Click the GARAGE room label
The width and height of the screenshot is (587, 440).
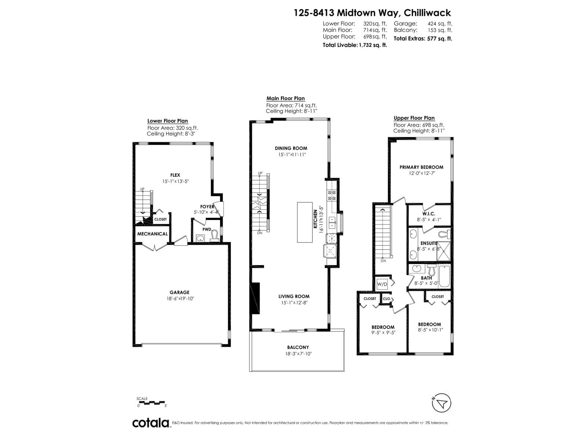(179, 292)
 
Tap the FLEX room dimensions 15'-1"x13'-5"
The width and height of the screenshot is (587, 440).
(175, 181)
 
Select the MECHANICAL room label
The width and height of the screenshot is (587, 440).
(152, 234)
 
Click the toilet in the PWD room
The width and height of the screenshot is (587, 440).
(214, 235)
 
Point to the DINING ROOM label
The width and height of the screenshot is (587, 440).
(291, 148)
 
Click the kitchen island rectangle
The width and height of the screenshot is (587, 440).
(305, 222)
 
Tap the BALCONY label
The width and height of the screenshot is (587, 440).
(298, 347)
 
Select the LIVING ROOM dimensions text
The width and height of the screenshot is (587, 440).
(293, 302)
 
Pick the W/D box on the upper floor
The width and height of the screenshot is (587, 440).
(382, 284)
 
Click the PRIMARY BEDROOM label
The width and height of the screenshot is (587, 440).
(421, 167)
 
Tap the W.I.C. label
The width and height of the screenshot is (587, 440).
(428, 213)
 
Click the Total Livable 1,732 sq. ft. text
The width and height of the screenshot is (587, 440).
(355, 45)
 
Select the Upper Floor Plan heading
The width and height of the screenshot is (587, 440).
(414, 118)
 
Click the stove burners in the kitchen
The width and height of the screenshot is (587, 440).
(331, 195)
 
